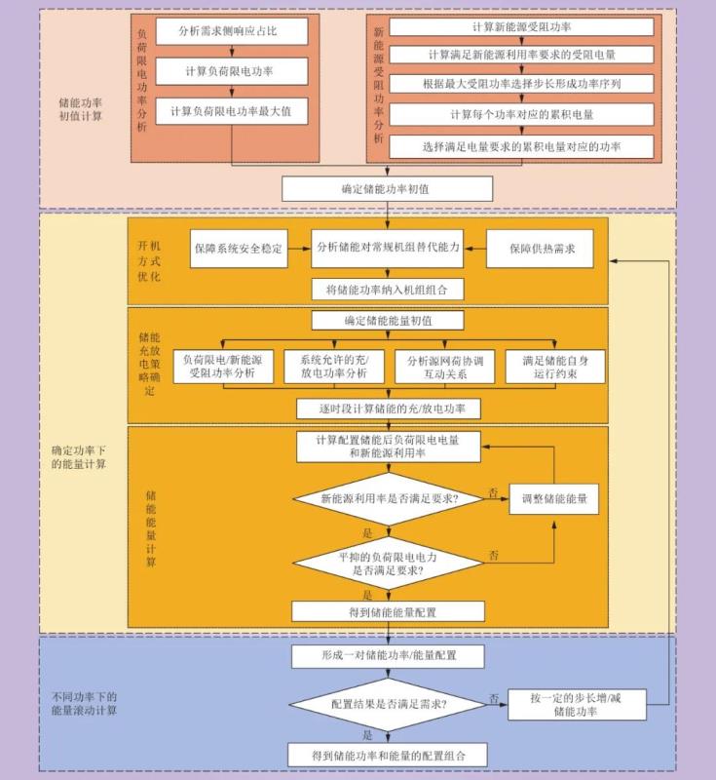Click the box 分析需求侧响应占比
[x=231, y=31]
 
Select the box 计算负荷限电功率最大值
[x=231, y=112]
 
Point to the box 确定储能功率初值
[x=388, y=188]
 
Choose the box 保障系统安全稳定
[x=239, y=249]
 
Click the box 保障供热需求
[x=542, y=249]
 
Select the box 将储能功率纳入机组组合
[x=388, y=289]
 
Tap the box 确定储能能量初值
[x=388, y=321]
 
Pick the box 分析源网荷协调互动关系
[x=444, y=367]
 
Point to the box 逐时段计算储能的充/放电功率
[x=388, y=408]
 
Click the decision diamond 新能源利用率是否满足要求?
[x=388, y=499]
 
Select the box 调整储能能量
[x=553, y=499]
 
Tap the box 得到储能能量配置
[x=388, y=611]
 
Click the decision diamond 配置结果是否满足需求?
[x=388, y=703]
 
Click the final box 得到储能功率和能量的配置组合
[x=388, y=755]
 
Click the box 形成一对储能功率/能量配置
[x=388, y=656]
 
